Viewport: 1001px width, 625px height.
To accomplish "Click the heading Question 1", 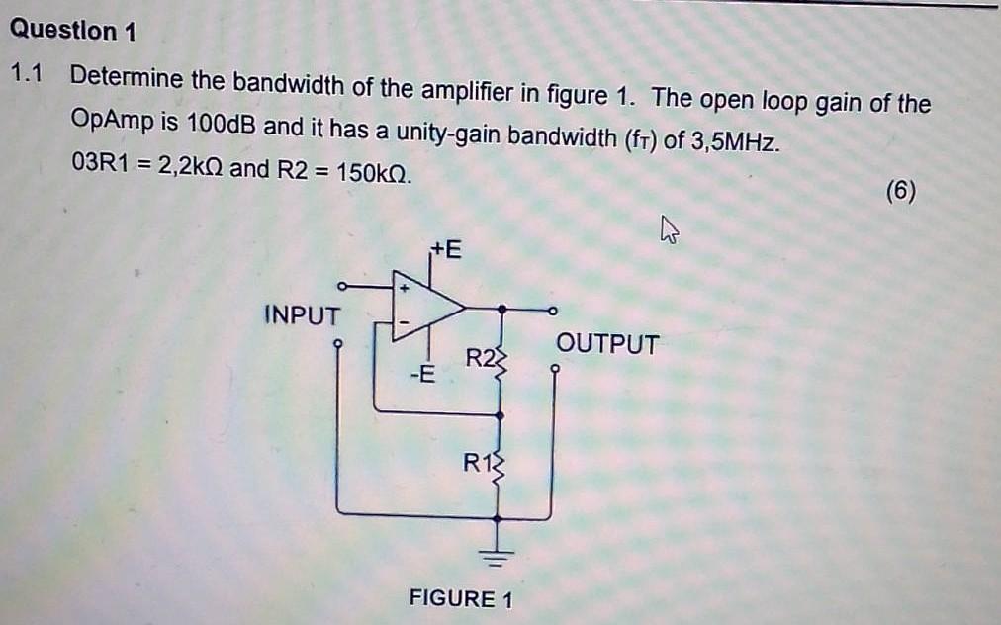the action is (73, 30).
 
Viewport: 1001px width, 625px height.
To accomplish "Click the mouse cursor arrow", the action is (669, 229).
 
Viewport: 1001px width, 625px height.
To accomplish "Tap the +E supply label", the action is (445, 249).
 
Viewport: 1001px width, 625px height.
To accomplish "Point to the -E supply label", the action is (422, 374).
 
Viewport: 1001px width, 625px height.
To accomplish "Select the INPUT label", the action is (302, 314).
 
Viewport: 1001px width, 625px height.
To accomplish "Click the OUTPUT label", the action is (607, 344).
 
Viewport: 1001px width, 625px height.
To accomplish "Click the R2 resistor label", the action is (480, 358).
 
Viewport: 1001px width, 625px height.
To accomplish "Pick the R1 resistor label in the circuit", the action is (478, 462).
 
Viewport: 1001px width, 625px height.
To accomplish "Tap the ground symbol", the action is (498, 557).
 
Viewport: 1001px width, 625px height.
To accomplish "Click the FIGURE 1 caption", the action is (461, 599).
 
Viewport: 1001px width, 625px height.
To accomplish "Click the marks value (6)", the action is (901, 191).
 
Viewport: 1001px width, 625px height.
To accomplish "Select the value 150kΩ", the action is (374, 172).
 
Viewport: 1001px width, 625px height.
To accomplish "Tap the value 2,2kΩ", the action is (190, 167).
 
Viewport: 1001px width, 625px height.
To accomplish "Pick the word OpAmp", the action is (113, 119).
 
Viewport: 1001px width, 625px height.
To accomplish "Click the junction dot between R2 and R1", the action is (500, 415).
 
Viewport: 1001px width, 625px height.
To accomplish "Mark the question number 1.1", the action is (27, 74).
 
